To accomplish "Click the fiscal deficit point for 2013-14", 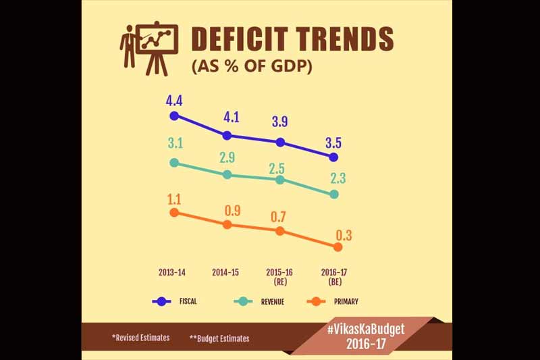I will click(174, 115).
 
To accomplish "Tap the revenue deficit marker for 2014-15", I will click(227, 174).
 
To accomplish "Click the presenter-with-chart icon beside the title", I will click(148, 47).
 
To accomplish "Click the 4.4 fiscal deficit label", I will click(174, 101).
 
